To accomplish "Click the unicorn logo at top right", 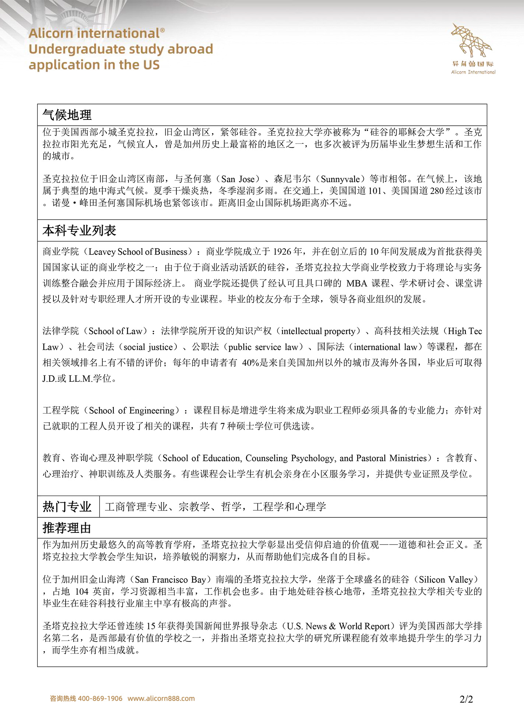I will click(472, 41).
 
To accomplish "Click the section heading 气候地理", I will click(67, 115).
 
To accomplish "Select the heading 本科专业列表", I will click(80, 231).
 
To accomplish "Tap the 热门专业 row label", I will click(67, 507).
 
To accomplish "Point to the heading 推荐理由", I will click(67, 528).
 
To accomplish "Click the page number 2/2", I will click(466, 699).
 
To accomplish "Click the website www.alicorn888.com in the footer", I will click(161, 698).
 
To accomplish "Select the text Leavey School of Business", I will click(138, 252).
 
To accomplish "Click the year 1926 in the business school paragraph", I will click(282, 252).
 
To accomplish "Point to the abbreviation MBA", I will click(357, 283).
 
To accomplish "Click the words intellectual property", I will click(318, 331).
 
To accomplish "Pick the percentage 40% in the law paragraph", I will click(250, 363).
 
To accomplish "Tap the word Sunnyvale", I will click(340, 179).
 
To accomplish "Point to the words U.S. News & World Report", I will click(338, 626).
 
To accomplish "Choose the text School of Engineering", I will click(131, 410).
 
